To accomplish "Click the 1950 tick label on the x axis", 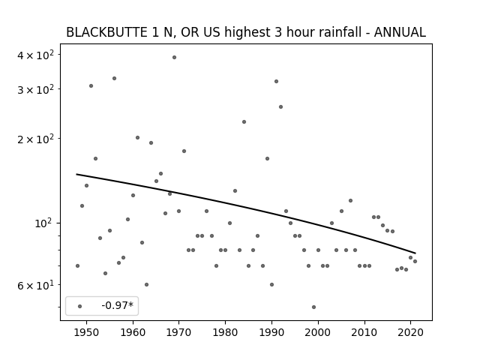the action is coord(87,332).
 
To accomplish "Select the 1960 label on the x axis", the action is coord(133,332).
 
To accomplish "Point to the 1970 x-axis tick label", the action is coord(178,332).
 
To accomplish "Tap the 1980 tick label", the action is coord(225,332).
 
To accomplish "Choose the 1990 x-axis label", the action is coord(271,332).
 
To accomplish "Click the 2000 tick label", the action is coord(318,332).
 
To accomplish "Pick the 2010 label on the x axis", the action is coord(364,332).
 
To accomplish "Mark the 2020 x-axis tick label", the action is coord(410,332).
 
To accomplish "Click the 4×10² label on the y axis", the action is coord(35,55).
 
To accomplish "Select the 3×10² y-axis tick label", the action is coord(35,90).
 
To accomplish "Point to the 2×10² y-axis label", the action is coord(35,139).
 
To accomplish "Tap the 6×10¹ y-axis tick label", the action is coord(35,286).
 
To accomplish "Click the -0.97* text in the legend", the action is coord(118,305).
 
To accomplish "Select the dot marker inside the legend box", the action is coord(80,307).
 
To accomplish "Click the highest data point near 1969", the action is coord(174,57).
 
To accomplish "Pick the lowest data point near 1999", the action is coord(313,307).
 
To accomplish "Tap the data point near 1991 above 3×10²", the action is coord(276,82).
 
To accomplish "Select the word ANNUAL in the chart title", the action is coord(400,32).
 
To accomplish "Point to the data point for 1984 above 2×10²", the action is coord(244,121).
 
